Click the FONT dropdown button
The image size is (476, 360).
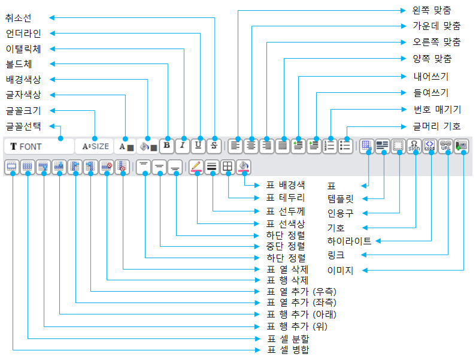tap(39, 146)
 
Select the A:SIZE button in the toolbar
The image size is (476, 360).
tap(94, 146)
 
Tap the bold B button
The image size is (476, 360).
tap(166, 146)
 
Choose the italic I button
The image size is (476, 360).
tap(183, 146)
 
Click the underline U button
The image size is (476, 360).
tap(198, 146)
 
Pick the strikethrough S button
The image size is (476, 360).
tap(214, 146)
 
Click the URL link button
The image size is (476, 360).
tap(445, 146)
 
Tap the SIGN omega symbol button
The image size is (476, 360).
tap(414, 146)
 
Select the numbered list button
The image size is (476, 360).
tap(330, 146)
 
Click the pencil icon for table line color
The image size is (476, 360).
tap(196, 167)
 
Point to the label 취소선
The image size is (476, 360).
tap(18, 18)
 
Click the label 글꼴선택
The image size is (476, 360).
tap(23, 126)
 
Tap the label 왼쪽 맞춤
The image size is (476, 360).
tap(432, 10)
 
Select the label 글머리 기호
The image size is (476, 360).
tap(437, 126)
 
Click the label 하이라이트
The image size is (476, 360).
tap(350, 241)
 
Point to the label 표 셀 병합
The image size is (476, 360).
tap(288, 350)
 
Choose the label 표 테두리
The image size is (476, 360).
tap(286, 198)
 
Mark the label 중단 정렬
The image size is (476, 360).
tap(286, 246)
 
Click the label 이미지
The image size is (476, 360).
tap(340, 270)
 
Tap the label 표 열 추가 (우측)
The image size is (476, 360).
tap(302, 292)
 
